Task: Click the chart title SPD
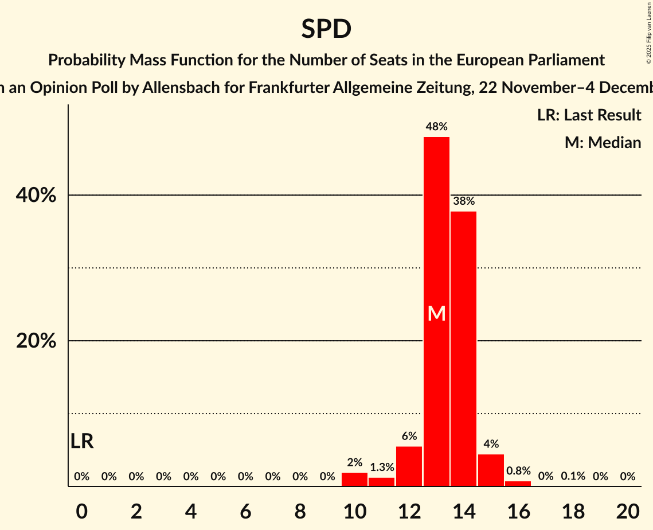click(x=326, y=29)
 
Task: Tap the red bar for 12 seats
click(x=409, y=466)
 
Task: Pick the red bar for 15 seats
click(x=491, y=470)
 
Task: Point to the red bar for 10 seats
click(x=354, y=480)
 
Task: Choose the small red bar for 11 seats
click(x=381, y=482)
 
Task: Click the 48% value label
click(x=436, y=127)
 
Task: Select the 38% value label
click(x=463, y=201)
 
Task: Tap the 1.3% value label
click(x=381, y=467)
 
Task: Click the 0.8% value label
click(x=518, y=471)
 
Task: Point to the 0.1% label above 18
click(x=573, y=476)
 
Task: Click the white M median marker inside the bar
click(x=436, y=313)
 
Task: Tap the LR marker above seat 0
click(x=82, y=441)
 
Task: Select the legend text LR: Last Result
click(x=589, y=115)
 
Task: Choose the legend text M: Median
click(x=603, y=142)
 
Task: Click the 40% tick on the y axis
click(x=36, y=196)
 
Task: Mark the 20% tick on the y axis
click(x=36, y=341)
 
